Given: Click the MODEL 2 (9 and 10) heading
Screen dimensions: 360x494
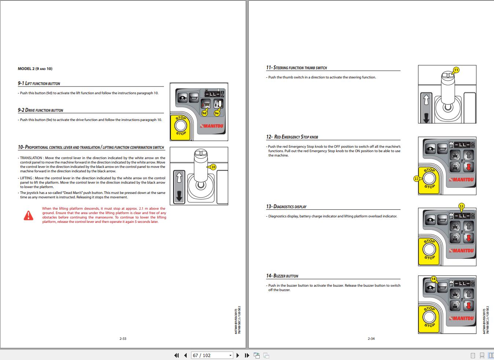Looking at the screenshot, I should click(35, 69).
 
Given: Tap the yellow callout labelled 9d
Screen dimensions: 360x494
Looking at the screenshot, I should click(204, 113).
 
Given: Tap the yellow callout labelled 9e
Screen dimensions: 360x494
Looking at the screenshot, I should click(217, 113).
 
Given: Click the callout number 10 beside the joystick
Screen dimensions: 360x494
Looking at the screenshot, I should click(213, 167).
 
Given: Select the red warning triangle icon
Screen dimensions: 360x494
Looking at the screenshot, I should click(28, 215).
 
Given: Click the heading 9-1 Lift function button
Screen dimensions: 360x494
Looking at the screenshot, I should click(39, 84).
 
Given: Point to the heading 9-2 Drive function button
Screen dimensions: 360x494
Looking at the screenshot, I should click(40, 110).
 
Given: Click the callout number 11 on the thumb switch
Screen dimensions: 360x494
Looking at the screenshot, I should click(456, 70).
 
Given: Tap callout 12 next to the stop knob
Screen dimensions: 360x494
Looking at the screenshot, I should click(416, 179).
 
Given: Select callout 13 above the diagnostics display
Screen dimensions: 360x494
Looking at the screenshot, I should click(461, 206).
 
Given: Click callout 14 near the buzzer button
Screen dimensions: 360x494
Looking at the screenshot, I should click(433, 279).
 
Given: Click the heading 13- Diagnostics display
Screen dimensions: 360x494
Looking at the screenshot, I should click(286, 207).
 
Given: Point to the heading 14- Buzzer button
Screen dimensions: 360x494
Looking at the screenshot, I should click(282, 276).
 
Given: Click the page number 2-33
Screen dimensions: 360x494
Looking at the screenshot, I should click(123, 339).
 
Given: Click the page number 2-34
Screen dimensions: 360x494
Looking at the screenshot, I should click(371, 339).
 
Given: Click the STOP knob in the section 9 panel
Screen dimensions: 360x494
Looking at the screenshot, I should click(180, 126).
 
